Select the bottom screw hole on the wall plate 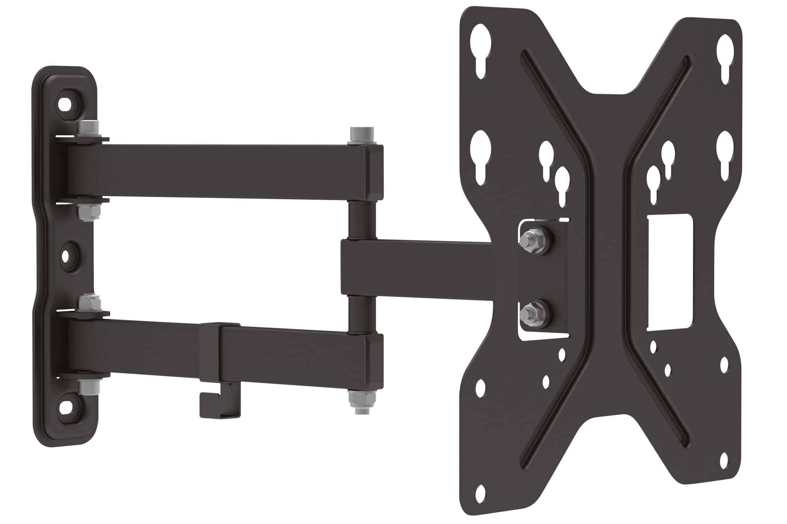tap(65, 407)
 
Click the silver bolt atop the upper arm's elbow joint tap(361, 136)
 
